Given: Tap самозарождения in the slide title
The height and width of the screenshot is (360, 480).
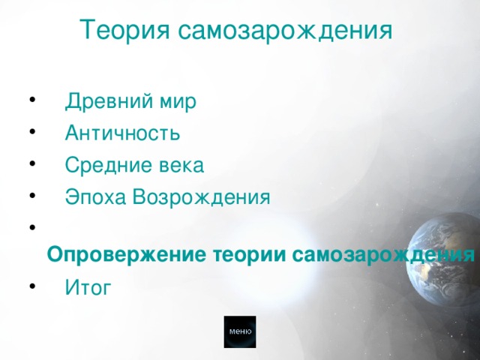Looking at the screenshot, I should pyautogui.click(x=285, y=30).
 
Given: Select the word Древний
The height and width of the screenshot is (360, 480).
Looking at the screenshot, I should pyautogui.click(x=103, y=101).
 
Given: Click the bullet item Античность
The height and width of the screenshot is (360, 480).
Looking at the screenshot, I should pyautogui.click(x=122, y=133).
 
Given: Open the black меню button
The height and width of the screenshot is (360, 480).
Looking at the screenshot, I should pyautogui.click(x=240, y=331).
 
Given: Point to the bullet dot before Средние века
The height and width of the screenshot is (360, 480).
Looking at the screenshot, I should pyautogui.click(x=31, y=164).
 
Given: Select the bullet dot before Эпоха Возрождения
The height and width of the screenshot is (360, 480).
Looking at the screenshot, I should pyautogui.click(x=31, y=196).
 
